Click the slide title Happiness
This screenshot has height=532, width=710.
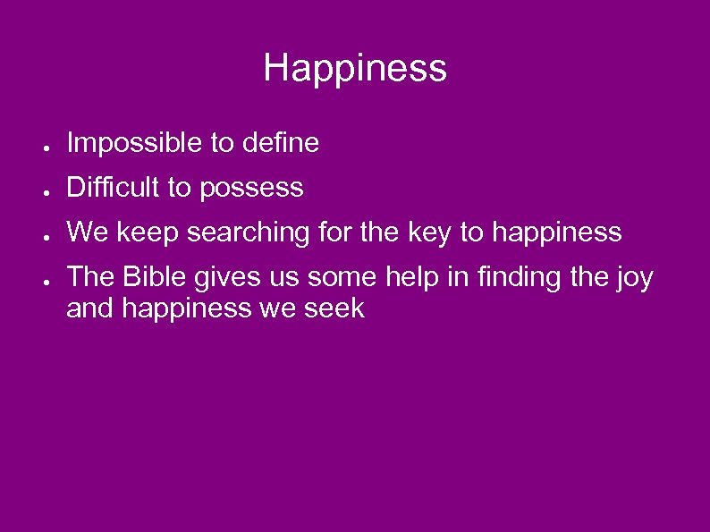(x=355, y=69)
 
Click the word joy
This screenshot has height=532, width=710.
(x=635, y=279)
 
